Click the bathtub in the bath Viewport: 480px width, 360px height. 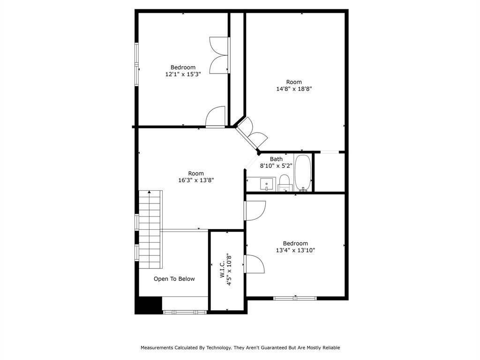click(303, 172)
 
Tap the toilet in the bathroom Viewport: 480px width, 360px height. click(285, 183)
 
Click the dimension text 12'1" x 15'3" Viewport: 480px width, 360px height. click(183, 74)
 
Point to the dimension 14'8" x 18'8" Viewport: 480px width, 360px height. click(294, 89)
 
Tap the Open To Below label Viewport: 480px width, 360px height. click(174, 279)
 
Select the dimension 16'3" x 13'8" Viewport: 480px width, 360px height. click(196, 180)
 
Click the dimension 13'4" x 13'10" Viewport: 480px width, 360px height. click(295, 250)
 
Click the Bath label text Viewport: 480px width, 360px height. click(276, 159)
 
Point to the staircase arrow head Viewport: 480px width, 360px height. click(149, 192)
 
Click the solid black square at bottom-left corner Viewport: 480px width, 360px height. click(148, 305)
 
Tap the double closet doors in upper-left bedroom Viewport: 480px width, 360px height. click(219, 55)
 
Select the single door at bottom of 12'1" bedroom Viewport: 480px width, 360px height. click(216, 117)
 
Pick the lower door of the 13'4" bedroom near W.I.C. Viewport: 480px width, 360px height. click(255, 264)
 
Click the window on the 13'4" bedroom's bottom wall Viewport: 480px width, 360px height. click(295, 298)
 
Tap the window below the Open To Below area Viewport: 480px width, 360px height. click(185, 312)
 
